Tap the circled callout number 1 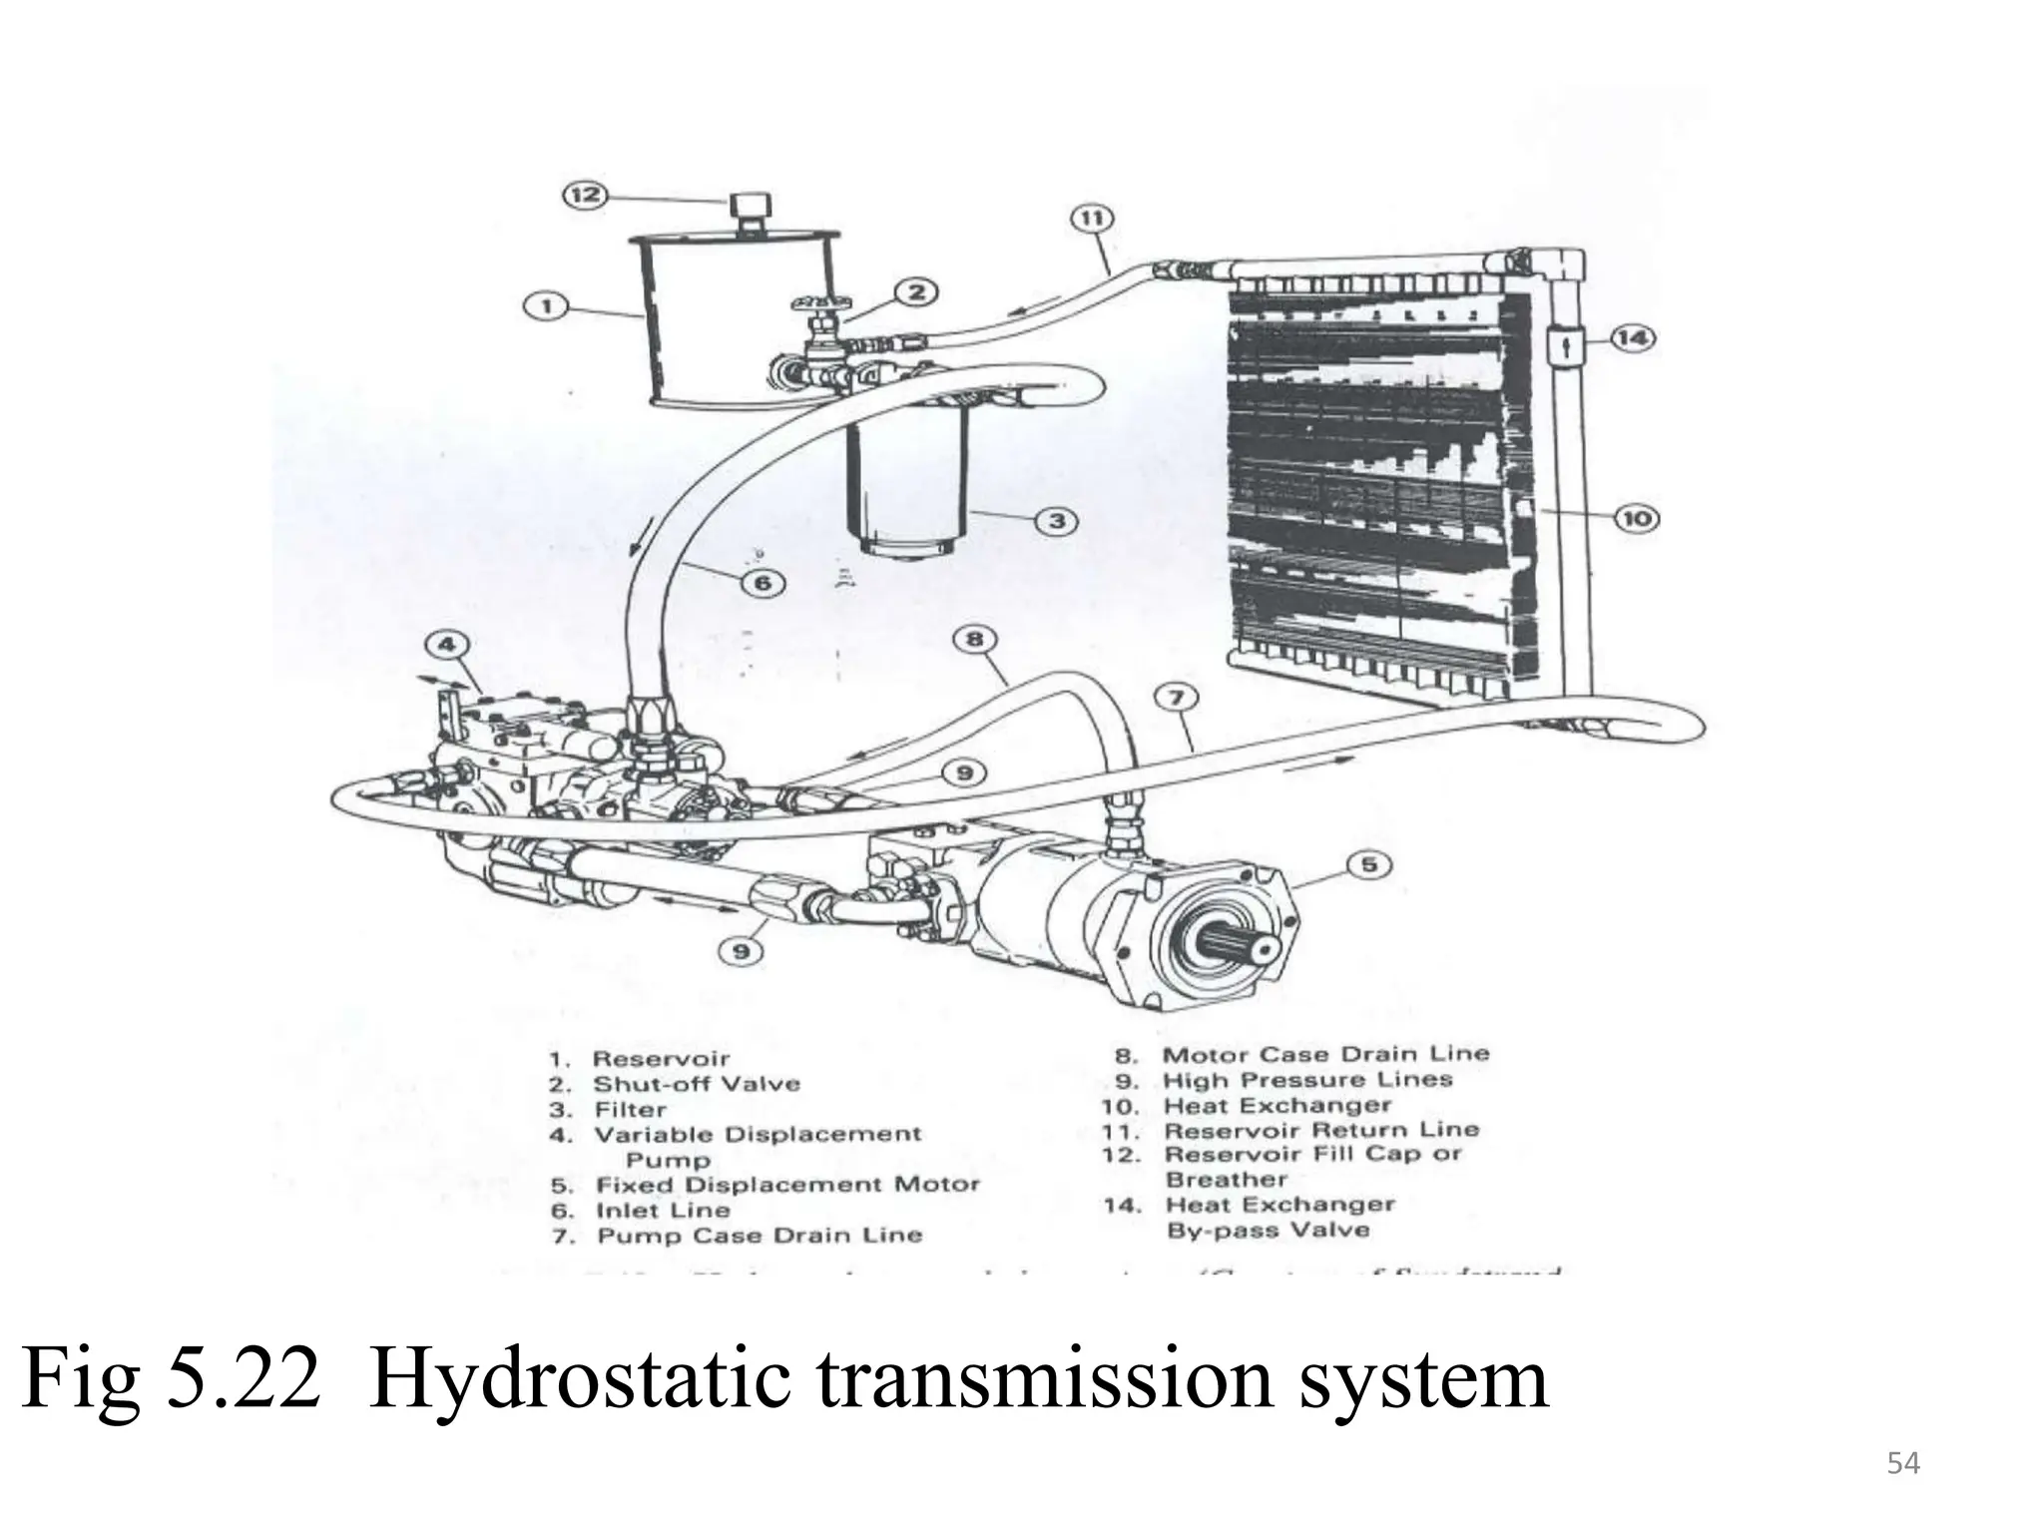click(x=546, y=306)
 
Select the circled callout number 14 click(x=1632, y=338)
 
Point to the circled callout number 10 click(x=1637, y=518)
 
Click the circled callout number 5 click(x=1369, y=864)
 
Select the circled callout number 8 click(x=974, y=639)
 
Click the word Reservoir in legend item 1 click(x=661, y=1059)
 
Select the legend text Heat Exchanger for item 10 click(x=1277, y=1106)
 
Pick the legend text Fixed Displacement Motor click(x=787, y=1185)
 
